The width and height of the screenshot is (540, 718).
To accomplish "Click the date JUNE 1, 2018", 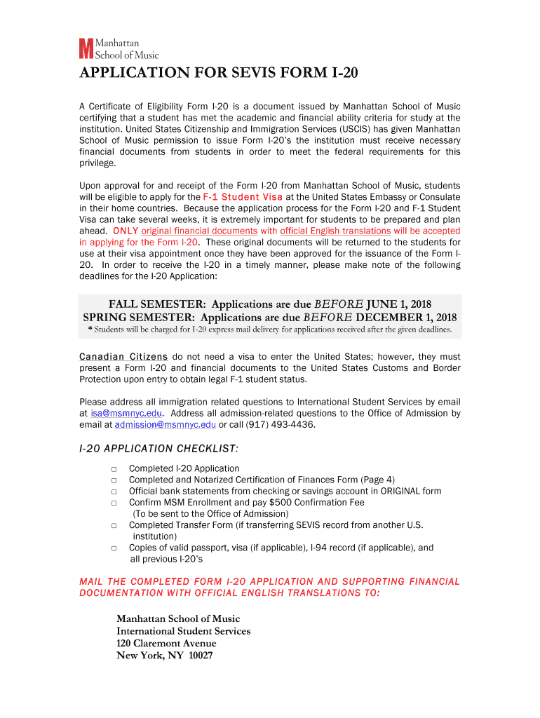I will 399,304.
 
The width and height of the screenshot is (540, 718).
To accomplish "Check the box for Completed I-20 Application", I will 113,468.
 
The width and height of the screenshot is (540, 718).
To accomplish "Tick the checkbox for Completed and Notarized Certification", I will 113,480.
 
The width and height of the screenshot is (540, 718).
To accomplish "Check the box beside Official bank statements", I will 113,492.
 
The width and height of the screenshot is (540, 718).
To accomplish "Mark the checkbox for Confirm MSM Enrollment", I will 113,503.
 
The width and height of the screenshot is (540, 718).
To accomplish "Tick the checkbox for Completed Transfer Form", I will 113,525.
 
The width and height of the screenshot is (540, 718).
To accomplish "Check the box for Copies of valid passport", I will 113,548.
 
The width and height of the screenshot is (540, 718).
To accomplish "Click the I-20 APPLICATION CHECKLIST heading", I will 158,449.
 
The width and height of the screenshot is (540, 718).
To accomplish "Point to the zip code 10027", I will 199,656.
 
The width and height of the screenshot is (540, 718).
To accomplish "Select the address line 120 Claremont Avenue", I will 166,644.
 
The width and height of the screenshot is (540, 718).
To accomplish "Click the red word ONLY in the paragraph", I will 124,231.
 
